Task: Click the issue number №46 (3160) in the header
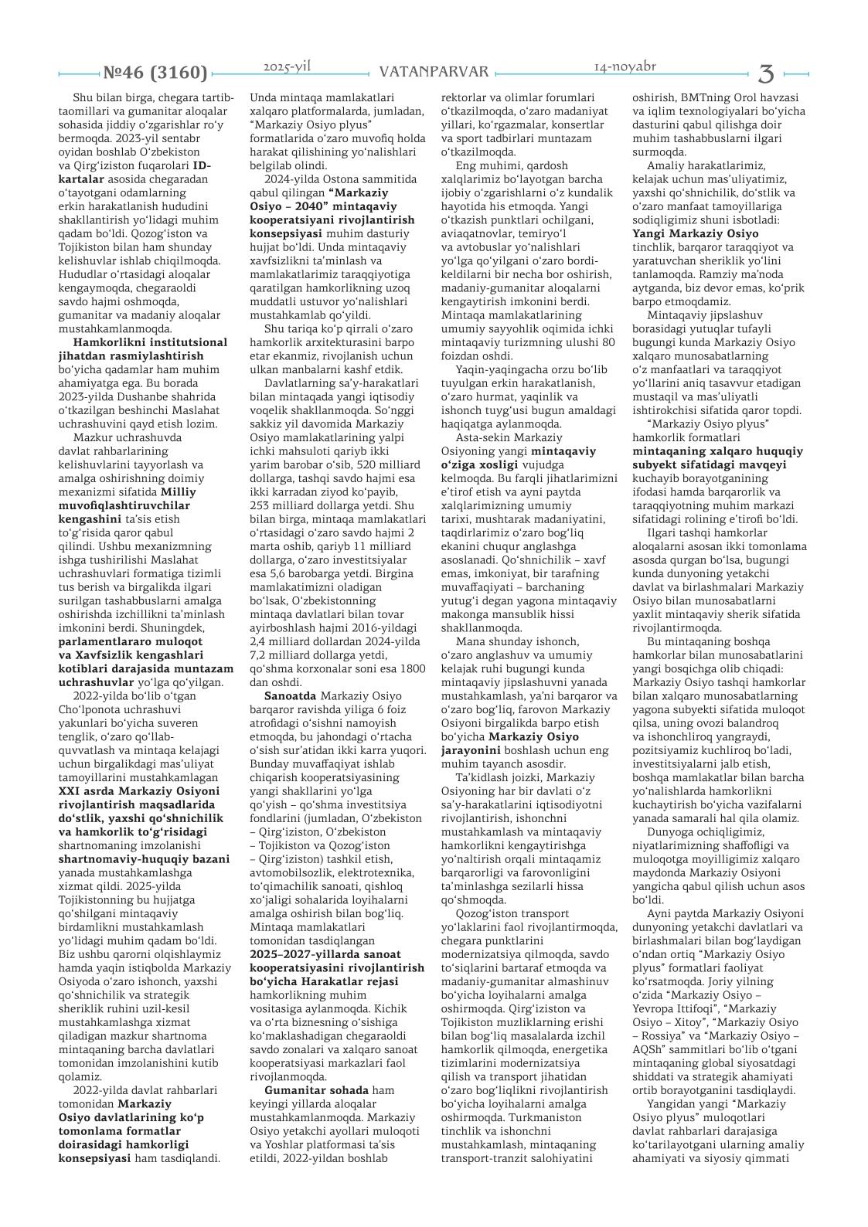(x=155, y=73)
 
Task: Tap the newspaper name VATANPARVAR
(x=434, y=72)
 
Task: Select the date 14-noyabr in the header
(x=625, y=66)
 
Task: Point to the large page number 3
(x=766, y=73)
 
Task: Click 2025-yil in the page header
(x=287, y=67)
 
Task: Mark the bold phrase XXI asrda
(x=84, y=790)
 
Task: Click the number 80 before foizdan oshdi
(x=608, y=342)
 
